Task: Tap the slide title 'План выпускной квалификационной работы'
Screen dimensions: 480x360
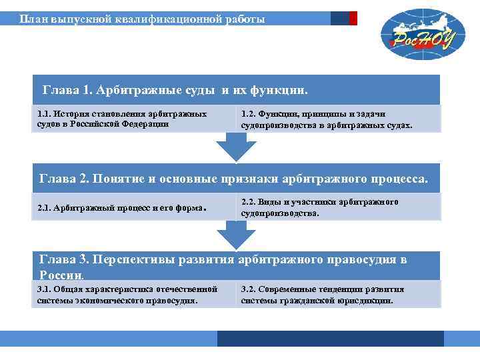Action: coord(141,19)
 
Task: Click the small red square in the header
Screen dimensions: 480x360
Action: coord(353,19)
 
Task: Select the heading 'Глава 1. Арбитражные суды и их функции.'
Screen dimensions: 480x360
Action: coord(175,89)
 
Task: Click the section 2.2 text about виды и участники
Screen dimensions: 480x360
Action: coord(320,207)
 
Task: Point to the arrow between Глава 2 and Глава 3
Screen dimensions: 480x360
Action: coord(236,235)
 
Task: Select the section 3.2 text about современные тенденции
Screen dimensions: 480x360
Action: coord(322,295)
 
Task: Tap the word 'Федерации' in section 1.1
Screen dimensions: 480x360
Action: coord(145,124)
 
